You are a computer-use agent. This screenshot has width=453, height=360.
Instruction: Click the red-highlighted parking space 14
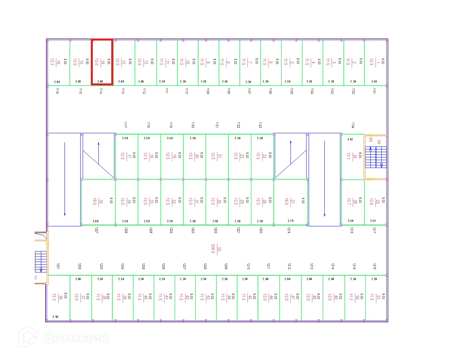102,62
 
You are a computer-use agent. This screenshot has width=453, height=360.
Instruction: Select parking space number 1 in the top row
375,62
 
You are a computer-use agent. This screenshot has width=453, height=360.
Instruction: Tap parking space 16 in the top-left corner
58,62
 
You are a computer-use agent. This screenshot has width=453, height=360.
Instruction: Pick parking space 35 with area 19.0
98,202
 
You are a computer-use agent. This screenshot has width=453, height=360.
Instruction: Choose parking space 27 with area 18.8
291,202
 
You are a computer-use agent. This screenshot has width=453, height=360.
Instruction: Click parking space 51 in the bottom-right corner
376,297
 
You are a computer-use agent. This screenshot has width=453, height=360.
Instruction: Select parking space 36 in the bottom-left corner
58,297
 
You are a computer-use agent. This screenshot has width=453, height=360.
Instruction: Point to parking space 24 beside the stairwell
352,157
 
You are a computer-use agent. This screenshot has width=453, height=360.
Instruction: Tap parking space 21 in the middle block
217,156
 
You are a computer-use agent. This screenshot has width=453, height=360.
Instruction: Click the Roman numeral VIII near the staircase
370,139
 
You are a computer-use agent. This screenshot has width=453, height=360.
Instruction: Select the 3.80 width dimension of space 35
96,221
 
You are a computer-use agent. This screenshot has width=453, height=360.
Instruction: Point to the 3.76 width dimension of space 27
291,221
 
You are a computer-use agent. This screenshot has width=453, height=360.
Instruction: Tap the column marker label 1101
374,91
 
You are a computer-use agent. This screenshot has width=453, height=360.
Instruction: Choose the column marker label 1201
58,266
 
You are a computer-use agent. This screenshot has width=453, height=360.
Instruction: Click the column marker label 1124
353,125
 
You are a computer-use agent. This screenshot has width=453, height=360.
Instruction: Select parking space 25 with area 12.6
375,202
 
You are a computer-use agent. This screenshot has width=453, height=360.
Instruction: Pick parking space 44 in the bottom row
226,297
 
